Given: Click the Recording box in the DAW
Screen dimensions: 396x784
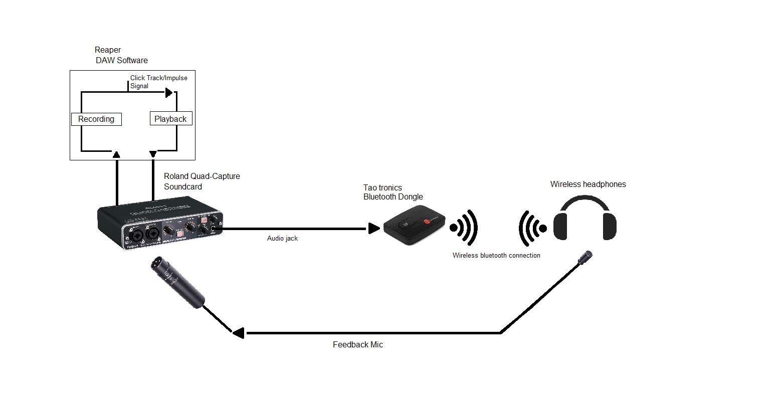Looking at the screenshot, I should (96, 119).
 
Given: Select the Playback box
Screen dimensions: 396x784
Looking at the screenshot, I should (170, 119).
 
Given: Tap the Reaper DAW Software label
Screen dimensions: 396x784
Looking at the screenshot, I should (121, 55).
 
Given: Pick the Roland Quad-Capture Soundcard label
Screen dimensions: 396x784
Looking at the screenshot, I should (202, 181).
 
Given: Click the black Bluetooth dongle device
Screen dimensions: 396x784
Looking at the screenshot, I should (414, 227).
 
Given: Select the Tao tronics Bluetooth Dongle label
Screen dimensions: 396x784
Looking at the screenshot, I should (393, 192).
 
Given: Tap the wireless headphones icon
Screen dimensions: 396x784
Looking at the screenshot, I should (584, 221).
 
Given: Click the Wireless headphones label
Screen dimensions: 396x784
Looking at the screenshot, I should (588, 184).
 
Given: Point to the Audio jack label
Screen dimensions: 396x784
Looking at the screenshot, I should (282, 239).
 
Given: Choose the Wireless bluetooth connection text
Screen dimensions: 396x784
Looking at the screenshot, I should (496, 255).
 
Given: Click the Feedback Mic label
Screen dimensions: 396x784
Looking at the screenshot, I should (358, 344).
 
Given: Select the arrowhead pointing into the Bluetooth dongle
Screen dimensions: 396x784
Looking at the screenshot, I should (374, 229).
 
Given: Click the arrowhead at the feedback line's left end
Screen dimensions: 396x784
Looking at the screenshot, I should (238, 333).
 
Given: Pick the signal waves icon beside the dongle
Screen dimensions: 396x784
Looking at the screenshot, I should (464, 228).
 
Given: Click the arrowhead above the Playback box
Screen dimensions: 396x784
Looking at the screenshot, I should (169, 93).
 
